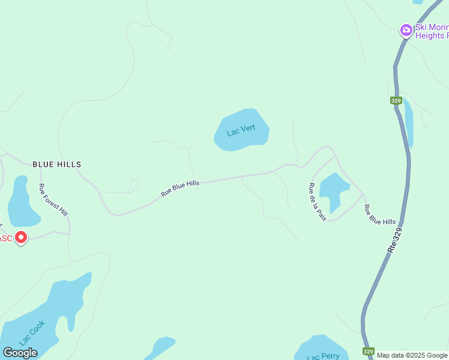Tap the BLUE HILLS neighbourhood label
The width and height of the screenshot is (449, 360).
(56, 164)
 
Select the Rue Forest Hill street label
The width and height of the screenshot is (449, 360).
(53, 199)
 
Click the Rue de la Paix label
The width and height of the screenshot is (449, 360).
(317, 202)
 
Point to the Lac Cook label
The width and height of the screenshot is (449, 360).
(32, 332)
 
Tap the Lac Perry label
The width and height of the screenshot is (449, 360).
(323, 357)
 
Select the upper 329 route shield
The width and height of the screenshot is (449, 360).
(396, 101)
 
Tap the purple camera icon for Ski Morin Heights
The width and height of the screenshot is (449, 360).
(406, 30)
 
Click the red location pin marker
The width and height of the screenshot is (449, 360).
(21, 238)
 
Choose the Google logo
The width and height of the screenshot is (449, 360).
(20, 352)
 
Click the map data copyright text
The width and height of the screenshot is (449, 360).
(412, 355)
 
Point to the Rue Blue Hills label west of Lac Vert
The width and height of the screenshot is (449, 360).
(180, 188)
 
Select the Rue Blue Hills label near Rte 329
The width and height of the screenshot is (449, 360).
(380, 214)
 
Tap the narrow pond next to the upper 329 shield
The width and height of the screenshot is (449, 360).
(409, 123)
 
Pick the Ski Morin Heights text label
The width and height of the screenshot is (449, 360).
(431, 31)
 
